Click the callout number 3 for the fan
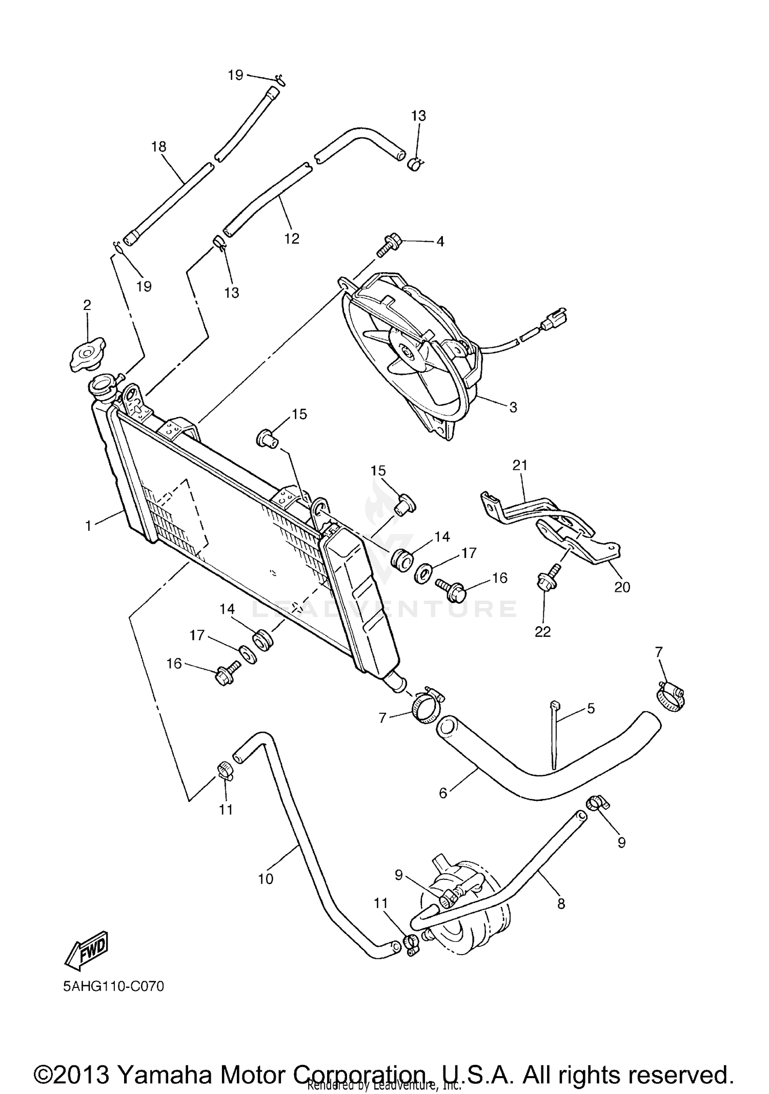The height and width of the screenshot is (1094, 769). click(513, 407)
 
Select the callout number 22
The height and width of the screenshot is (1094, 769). click(542, 632)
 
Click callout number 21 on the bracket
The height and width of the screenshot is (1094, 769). click(520, 465)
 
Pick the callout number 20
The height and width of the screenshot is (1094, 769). click(622, 587)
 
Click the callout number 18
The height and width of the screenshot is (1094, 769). click(159, 147)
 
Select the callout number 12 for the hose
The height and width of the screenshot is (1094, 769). click(292, 238)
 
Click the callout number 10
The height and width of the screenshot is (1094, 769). click(266, 879)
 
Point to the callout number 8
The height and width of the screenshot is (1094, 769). click(561, 904)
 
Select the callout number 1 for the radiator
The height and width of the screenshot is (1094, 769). click(88, 526)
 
